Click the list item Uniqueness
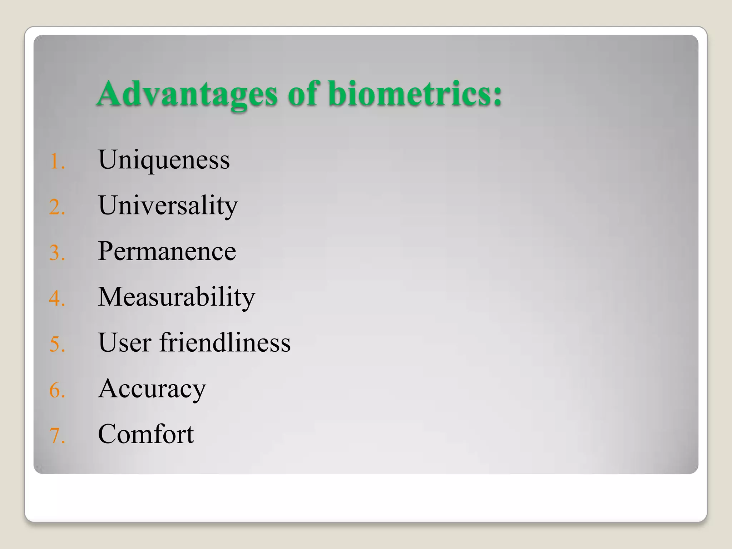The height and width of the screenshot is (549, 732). [164, 160]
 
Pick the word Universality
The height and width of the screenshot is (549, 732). [168, 206]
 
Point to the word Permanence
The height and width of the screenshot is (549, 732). [167, 251]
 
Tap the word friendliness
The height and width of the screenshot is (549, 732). [225, 342]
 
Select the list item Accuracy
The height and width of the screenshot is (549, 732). [152, 389]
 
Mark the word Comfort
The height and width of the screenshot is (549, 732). [145, 434]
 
